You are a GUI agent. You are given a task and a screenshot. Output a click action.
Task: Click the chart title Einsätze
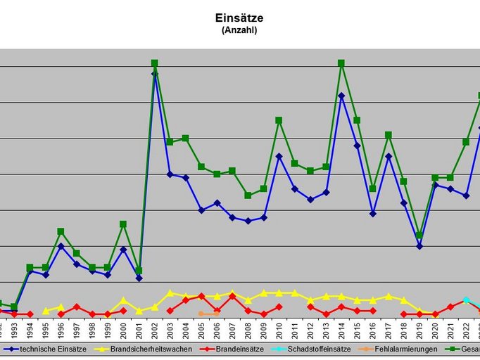pos(239,18)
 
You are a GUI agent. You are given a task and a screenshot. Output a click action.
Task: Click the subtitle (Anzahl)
pos(239,30)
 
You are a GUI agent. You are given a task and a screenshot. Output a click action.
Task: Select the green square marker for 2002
pos(155,63)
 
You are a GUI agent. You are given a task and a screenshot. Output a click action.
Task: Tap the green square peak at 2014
pos(341,63)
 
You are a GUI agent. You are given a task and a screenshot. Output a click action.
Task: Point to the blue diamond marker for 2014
pos(341,96)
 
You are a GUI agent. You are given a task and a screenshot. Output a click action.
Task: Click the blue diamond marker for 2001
pos(139,278)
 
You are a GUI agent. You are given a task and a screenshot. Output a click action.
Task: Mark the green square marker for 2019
pos(419,235)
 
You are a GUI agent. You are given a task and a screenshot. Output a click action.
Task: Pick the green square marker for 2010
pos(279,120)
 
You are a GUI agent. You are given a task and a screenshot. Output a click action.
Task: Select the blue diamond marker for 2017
pos(388,156)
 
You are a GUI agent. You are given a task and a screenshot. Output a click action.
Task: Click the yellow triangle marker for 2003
pos(170,292)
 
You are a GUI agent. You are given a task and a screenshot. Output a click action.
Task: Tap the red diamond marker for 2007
pos(232,297)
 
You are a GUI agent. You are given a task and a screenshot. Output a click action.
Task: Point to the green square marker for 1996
pos(61,231)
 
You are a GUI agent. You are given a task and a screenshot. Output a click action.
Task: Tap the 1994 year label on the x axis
pos(30,328)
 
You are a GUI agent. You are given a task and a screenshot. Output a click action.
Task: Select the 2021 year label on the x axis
pos(450,328)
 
